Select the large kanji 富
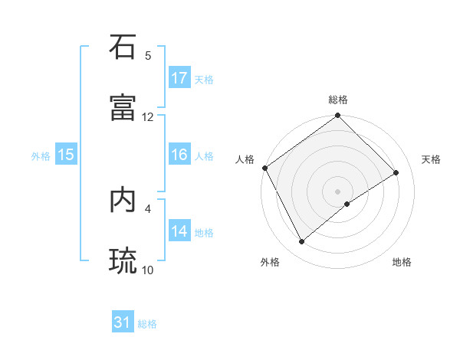coord(123,107)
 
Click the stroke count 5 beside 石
coord(148,56)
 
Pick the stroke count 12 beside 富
coord(148,117)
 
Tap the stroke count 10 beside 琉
coord(148,270)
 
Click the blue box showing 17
coord(179,78)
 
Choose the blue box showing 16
coord(179,155)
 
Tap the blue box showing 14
coord(179,231)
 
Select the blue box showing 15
coord(66,155)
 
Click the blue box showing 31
coord(123,323)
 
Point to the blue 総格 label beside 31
coord(147,324)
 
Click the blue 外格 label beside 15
coord(41,155)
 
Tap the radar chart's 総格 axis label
coord(338,100)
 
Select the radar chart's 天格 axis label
coord(431,159)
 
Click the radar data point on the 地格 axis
coord(347,204)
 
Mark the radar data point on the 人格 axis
coord(265,168)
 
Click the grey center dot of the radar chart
coord(338,191)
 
